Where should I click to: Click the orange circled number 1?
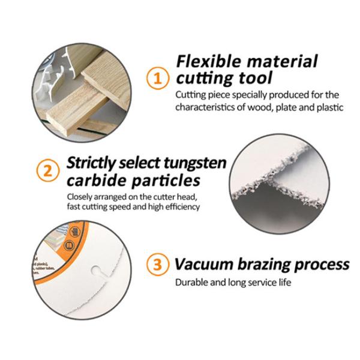[157, 78]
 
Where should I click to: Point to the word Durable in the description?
[191, 282]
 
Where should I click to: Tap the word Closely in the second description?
[80, 196]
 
